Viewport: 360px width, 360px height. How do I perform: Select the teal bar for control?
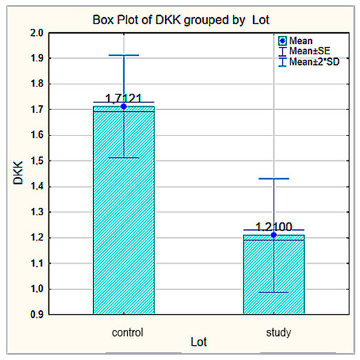click(124, 209)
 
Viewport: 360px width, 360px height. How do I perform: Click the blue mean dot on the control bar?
click(124, 106)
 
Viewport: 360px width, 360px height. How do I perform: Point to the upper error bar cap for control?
click(124, 56)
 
